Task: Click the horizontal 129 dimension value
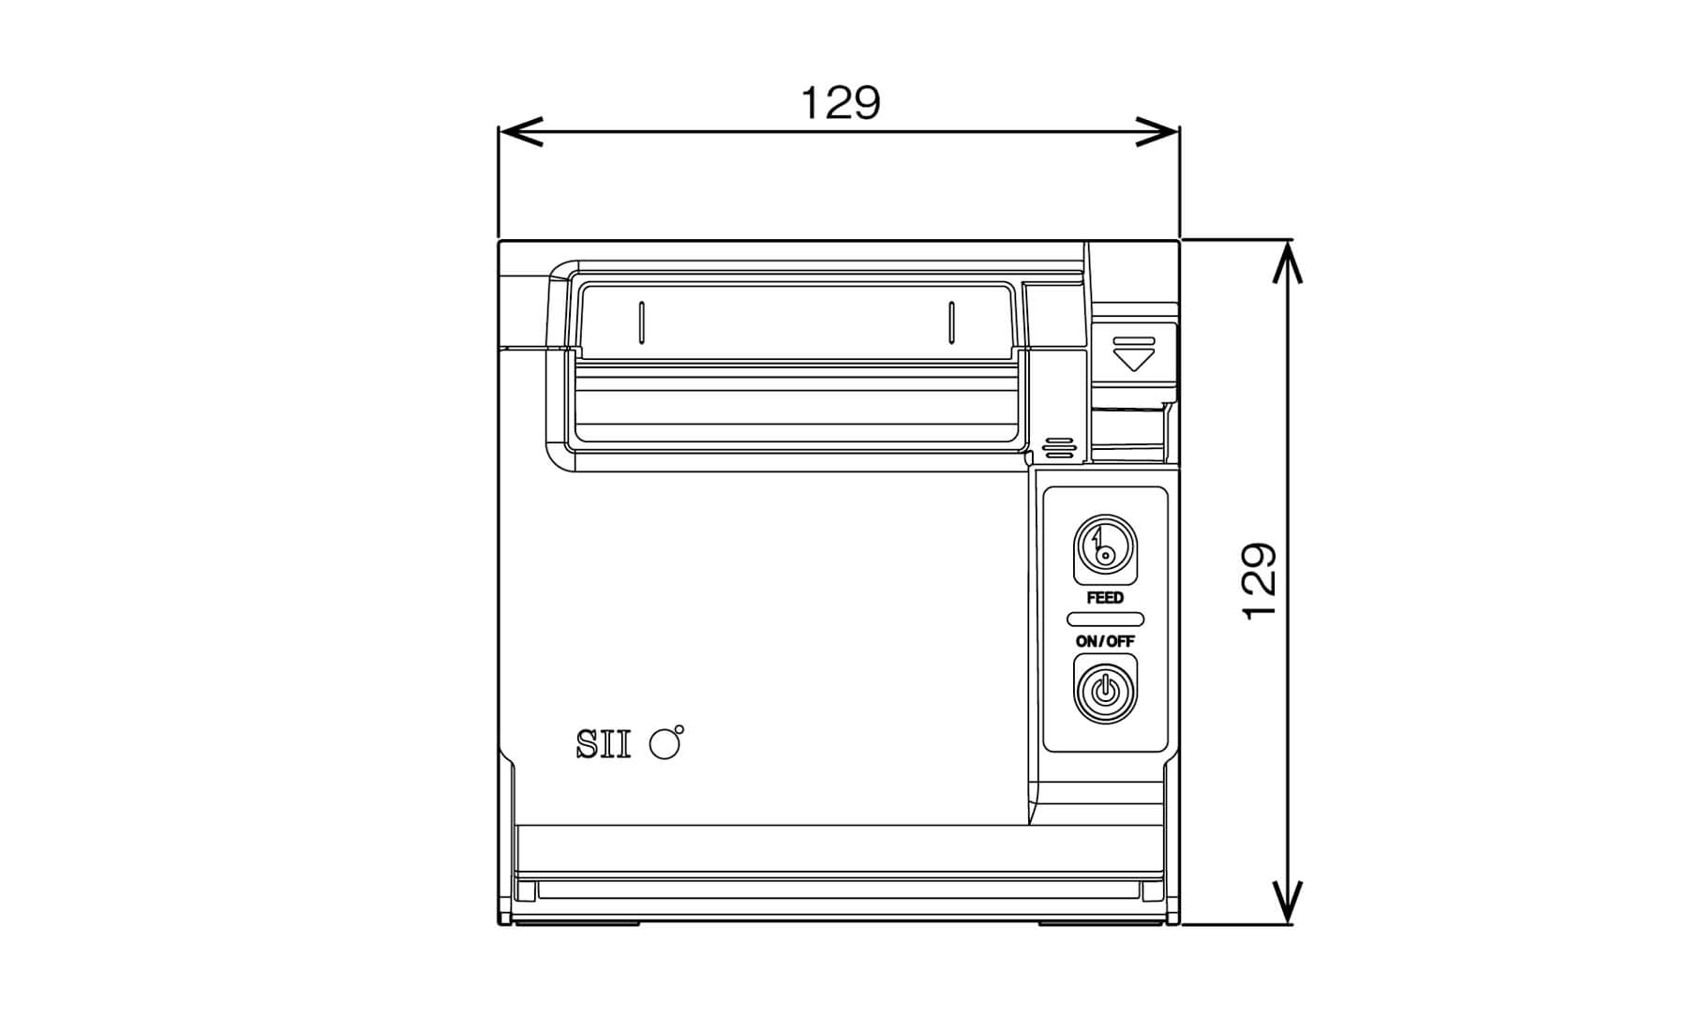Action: (841, 103)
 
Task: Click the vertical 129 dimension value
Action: (1260, 581)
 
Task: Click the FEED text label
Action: (1105, 598)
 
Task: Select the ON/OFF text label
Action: (1105, 641)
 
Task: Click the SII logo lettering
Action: (603, 745)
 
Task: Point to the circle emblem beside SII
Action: (665, 743)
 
